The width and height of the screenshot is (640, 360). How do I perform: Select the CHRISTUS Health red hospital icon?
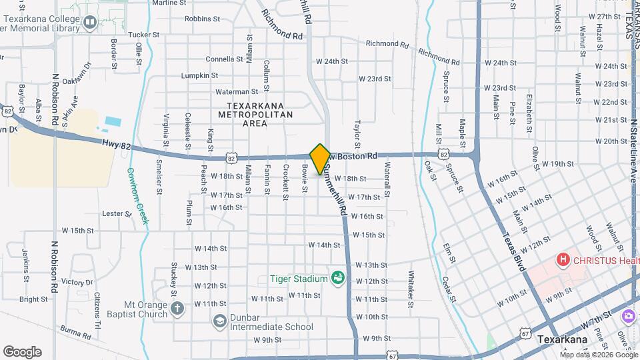(x=563, y=259)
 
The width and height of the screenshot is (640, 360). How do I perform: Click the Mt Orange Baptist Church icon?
(x=177, y=308)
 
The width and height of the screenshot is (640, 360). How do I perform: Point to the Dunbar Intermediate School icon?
(x=219, y=322)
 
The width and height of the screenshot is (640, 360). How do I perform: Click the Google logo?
(x=22, y=351)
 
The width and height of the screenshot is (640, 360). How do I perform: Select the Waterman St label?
(x=236, y=91)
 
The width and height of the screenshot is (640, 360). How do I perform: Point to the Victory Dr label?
(x=77, y=282)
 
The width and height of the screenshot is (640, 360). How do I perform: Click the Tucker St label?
(x=144, y=34)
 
